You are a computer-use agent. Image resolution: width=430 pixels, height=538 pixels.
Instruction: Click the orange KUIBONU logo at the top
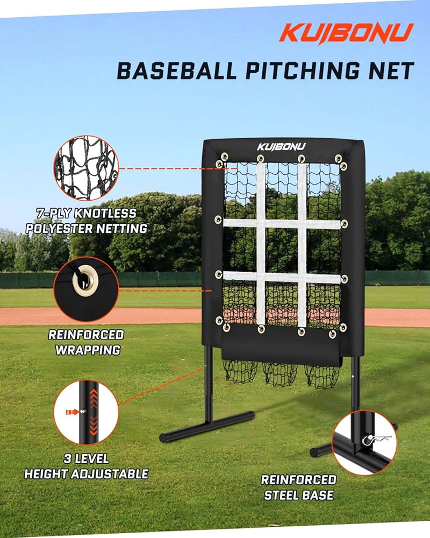click(x=346, y=33)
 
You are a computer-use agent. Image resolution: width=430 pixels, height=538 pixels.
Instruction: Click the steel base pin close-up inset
click(x=364, y=442)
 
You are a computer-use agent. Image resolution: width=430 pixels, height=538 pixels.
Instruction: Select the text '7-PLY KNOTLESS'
click(x=87, y=214)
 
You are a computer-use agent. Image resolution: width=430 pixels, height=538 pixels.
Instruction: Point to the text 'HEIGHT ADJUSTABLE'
click(x=87, y=474)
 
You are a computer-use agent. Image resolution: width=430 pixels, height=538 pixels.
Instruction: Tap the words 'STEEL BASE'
click(x=299, y=495)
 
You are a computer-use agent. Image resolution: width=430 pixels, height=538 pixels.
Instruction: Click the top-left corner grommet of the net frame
click(x=219, y=164)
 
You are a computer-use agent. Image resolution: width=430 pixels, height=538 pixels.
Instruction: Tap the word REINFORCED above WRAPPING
click(x=86, y=335)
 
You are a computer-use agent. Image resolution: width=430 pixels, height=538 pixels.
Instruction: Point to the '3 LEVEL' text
click(x=86, y=459)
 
